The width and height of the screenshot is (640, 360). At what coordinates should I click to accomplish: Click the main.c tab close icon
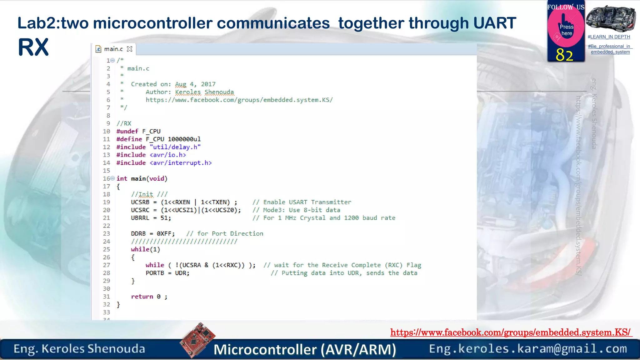point(130,49)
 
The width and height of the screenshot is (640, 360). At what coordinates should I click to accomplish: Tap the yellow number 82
point(564,55)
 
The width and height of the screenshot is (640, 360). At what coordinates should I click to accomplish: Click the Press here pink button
point(566,30)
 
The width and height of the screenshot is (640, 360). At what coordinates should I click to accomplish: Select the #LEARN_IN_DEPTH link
point(609,37)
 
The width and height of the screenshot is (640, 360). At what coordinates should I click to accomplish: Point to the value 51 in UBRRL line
point(164,218)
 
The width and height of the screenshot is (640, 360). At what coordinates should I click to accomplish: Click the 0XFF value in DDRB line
point(164,234)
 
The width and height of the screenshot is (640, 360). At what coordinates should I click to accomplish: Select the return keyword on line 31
point(142,297)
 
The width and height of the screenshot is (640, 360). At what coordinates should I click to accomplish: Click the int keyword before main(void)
point(122,178)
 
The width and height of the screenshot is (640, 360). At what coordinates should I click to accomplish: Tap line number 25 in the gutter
point(107,249)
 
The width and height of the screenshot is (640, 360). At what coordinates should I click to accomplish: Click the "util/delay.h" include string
point(175,147)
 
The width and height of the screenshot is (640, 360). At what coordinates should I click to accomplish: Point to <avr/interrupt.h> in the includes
point(181,163)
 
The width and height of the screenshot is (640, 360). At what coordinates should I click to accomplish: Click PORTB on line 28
point(155,273)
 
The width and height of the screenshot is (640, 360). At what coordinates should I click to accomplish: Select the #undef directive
point(127,131)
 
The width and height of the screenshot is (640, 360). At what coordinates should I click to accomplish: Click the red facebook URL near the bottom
point(511,332)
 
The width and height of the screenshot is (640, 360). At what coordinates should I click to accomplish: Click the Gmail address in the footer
point(528,348)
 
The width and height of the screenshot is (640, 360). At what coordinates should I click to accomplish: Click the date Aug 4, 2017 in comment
point(195,84)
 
